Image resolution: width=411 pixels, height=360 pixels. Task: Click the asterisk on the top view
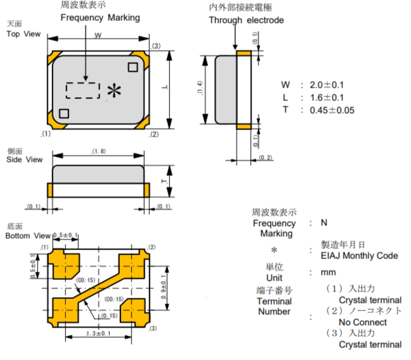114,91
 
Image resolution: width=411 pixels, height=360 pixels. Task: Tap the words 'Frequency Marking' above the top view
100,18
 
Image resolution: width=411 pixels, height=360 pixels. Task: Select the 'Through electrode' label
246,20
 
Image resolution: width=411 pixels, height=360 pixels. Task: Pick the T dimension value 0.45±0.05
332,110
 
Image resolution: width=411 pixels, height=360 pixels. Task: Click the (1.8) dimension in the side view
98,151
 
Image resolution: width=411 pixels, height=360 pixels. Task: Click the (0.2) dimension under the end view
266,157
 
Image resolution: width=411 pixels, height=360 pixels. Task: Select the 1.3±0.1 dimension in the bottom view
100,334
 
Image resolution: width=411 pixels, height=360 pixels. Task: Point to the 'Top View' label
23,34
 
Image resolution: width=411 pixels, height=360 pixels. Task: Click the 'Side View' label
24,159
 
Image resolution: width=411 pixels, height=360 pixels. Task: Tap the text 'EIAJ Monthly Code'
360,256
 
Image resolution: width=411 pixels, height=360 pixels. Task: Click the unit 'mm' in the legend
328,272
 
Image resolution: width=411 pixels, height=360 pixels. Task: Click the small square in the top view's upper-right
133,65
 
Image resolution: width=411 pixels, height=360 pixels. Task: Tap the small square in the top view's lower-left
63,113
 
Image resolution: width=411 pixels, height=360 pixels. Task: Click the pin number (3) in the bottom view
153,328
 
